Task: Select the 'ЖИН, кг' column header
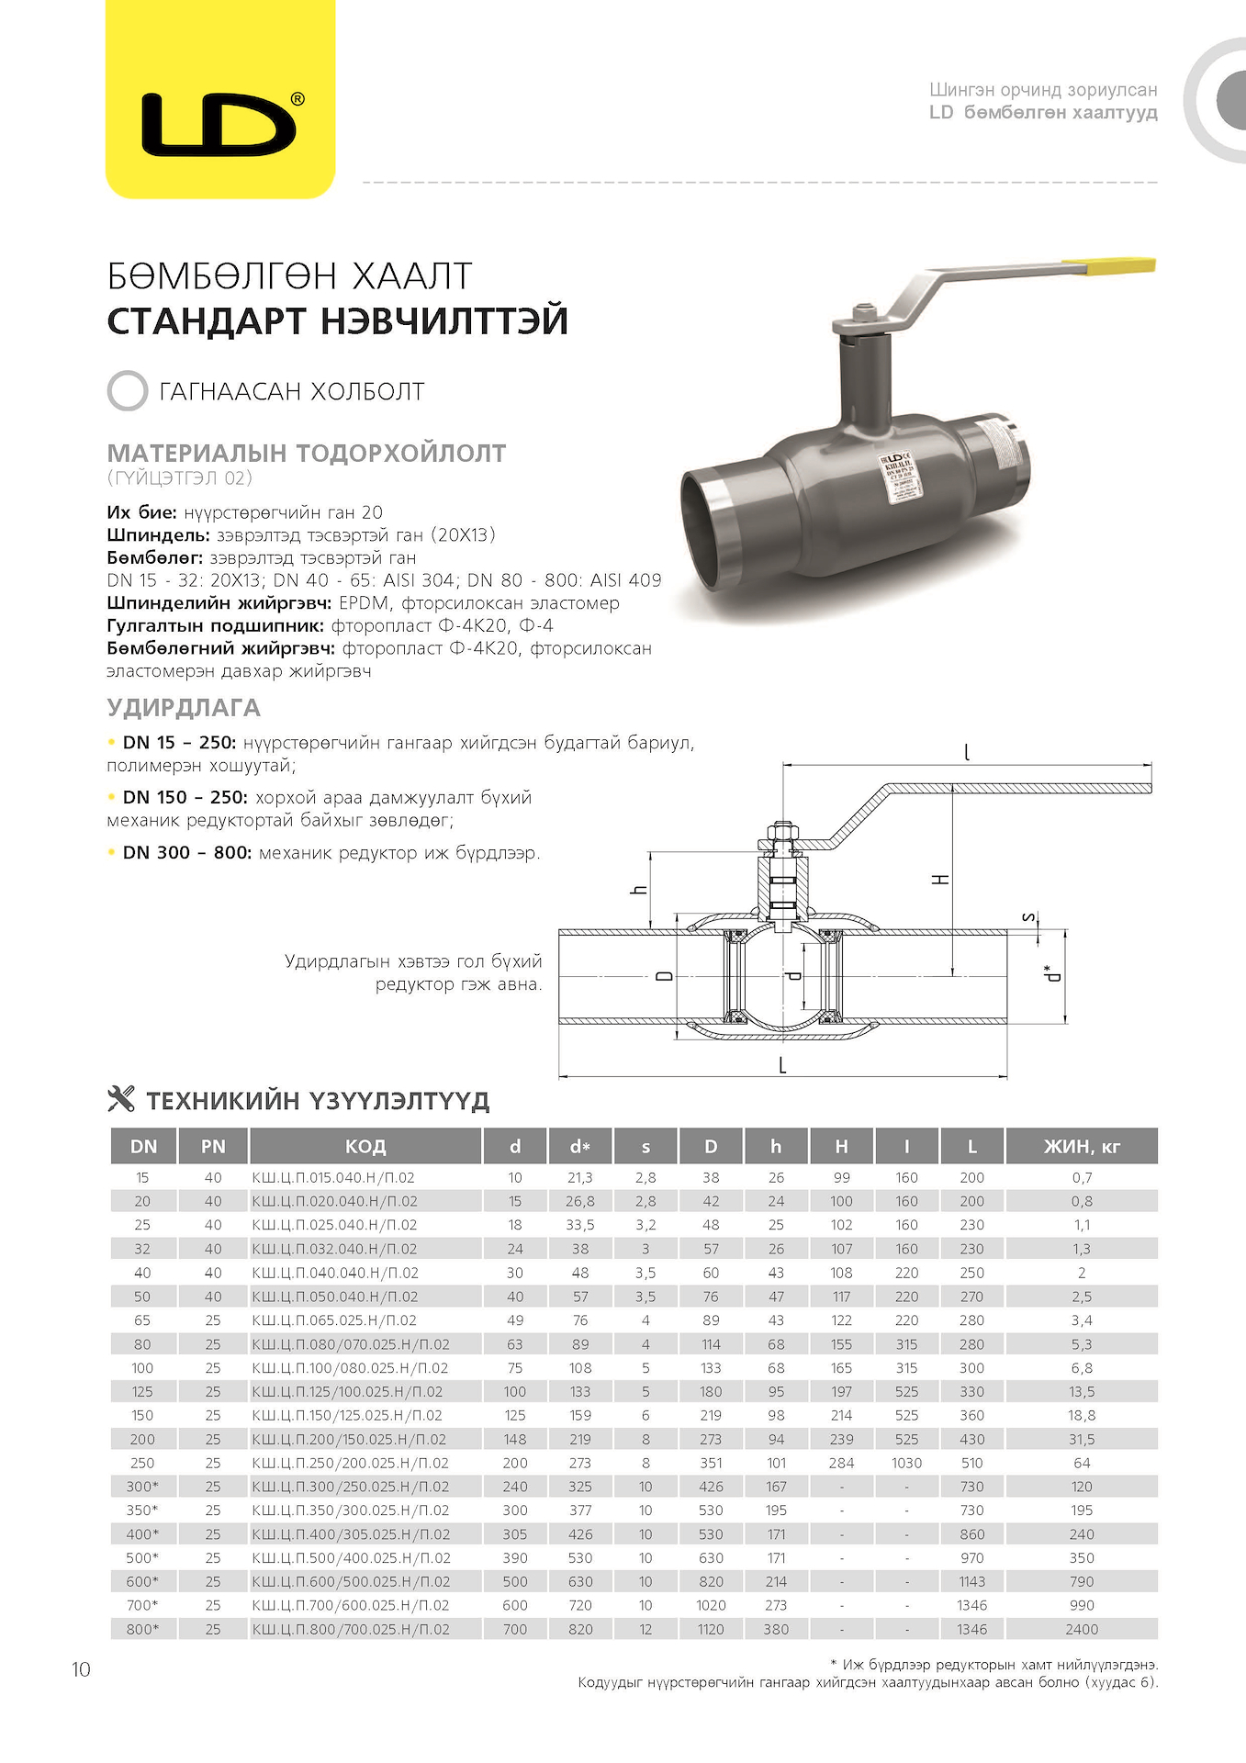coord(1082,1146)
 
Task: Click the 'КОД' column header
coord(365,1146)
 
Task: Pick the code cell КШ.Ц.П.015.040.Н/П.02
coord(333,1177)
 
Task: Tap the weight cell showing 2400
coord(1082,1629)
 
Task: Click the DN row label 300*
coord(142,1487)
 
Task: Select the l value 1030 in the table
coord(906,1463)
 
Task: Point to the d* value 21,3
coord(579,1177)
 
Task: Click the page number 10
coord(81,1669)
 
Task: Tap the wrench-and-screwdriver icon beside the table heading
coord(121,1099)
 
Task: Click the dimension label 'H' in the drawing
coord(940,880)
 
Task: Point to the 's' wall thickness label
coord(1030,916)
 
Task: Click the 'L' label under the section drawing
coord(782,1065)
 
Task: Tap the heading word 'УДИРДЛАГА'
coord(184,708)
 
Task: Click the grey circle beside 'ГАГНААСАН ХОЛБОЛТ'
coord(127,391)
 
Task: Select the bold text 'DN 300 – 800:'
coord(187,852)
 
